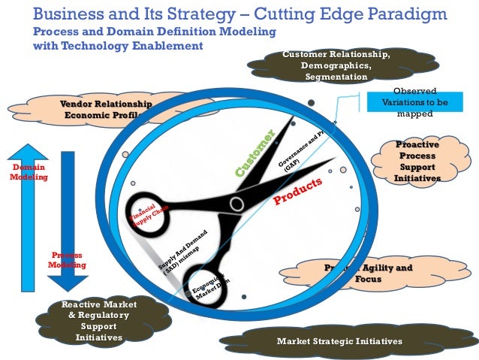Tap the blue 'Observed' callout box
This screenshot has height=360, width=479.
coord(407,103)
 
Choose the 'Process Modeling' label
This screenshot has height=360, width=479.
coord(67,260)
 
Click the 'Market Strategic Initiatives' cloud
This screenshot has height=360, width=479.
coord(339,342)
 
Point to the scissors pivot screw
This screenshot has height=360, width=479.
coord(236,203)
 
